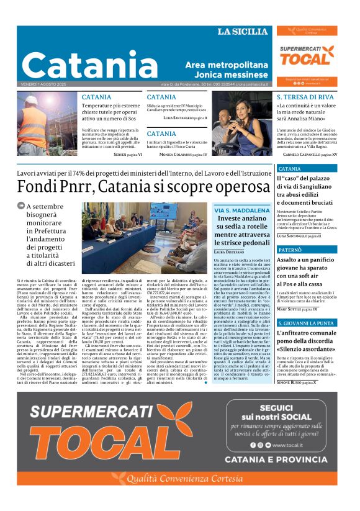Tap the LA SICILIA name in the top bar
click(x=241, y=32)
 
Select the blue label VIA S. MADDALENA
click(x=242, y=210)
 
